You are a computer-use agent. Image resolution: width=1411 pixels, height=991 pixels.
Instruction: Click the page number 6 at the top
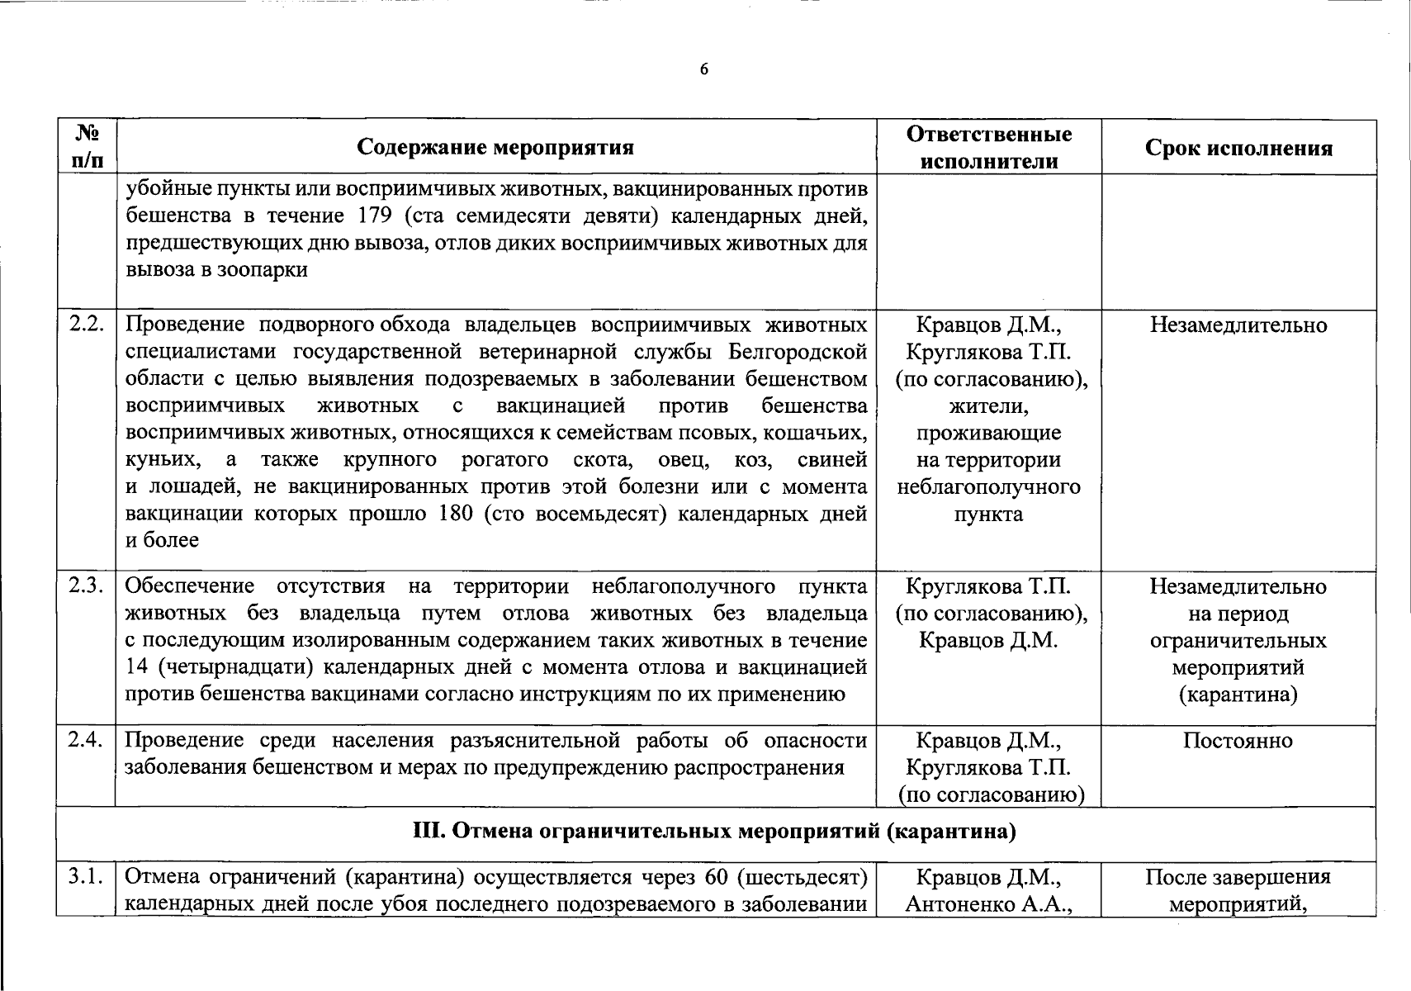click(x=703, y=70)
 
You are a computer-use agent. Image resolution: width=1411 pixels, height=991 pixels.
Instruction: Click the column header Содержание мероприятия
click(x=495, y=148)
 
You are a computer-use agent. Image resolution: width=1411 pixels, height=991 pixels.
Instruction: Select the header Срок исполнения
click(x=1238, y=148)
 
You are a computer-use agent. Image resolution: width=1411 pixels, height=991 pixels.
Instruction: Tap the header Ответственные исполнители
click(x=988, y=147)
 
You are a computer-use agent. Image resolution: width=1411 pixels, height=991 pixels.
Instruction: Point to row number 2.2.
click(x=86, y=325)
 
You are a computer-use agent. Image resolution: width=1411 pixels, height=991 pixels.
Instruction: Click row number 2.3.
click(x=86, y=586)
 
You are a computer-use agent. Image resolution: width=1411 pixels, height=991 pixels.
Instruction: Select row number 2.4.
click(x=86, y=740)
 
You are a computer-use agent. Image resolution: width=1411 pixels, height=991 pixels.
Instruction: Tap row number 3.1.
click(x=86, y=876)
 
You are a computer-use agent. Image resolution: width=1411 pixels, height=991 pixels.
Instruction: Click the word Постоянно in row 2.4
click(x=1237, y=740)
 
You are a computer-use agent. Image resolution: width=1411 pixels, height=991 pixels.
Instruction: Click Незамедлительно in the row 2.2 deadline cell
click(x=1238, y=325)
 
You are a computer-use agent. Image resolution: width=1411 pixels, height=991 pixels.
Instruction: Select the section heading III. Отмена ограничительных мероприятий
click(x=714, y=832)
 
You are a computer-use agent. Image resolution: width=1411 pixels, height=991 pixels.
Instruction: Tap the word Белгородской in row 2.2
click(x=798, y=352)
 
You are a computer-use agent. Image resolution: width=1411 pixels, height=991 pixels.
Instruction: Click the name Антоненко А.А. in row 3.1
click(x=988, y=904)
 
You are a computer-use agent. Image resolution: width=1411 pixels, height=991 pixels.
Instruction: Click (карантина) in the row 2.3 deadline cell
click(x=1238, y=695)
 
